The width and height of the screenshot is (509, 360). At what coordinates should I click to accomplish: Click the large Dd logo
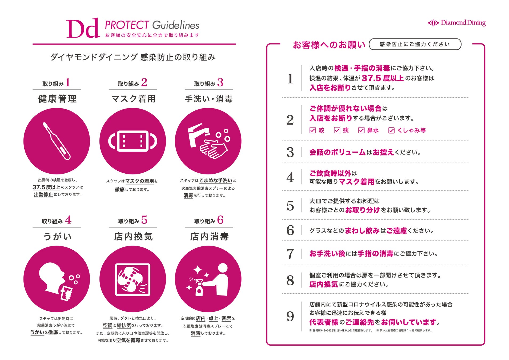coord(83,28)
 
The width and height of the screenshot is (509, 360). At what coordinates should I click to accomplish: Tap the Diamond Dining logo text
coord(463,23)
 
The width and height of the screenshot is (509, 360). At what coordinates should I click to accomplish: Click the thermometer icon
coord(57,141)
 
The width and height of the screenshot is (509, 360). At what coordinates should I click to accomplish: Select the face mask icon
coord(133,141)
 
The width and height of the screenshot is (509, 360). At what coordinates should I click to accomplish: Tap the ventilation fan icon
coord(133,279)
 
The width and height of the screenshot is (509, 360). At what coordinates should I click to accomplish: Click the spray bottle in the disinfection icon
coord(199,287)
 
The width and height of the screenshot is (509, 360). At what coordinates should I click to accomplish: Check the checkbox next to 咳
coord(312,130)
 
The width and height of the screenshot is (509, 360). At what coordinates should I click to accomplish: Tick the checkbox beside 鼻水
coord(361,130)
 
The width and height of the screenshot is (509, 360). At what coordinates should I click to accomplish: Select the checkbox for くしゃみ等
coord(391,130)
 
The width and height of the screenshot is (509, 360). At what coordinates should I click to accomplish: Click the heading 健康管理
coord(57,99)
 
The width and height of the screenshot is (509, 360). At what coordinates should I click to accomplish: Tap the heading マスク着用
coord(133,99)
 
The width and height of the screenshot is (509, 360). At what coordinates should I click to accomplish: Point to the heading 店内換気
coord(133,237)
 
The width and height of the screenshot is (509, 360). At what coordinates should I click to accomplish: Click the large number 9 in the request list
coord(290,317)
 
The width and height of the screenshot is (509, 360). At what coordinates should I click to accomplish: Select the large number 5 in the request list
coord(290,206)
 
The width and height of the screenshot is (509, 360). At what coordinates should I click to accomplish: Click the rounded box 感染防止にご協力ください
coord(415,44)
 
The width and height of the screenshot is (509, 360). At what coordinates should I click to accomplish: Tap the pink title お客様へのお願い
coord(329,45)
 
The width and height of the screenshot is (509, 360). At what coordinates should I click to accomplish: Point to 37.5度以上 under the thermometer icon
coord(46,187)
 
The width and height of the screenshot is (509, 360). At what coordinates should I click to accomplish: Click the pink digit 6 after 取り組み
coord(220,220)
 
